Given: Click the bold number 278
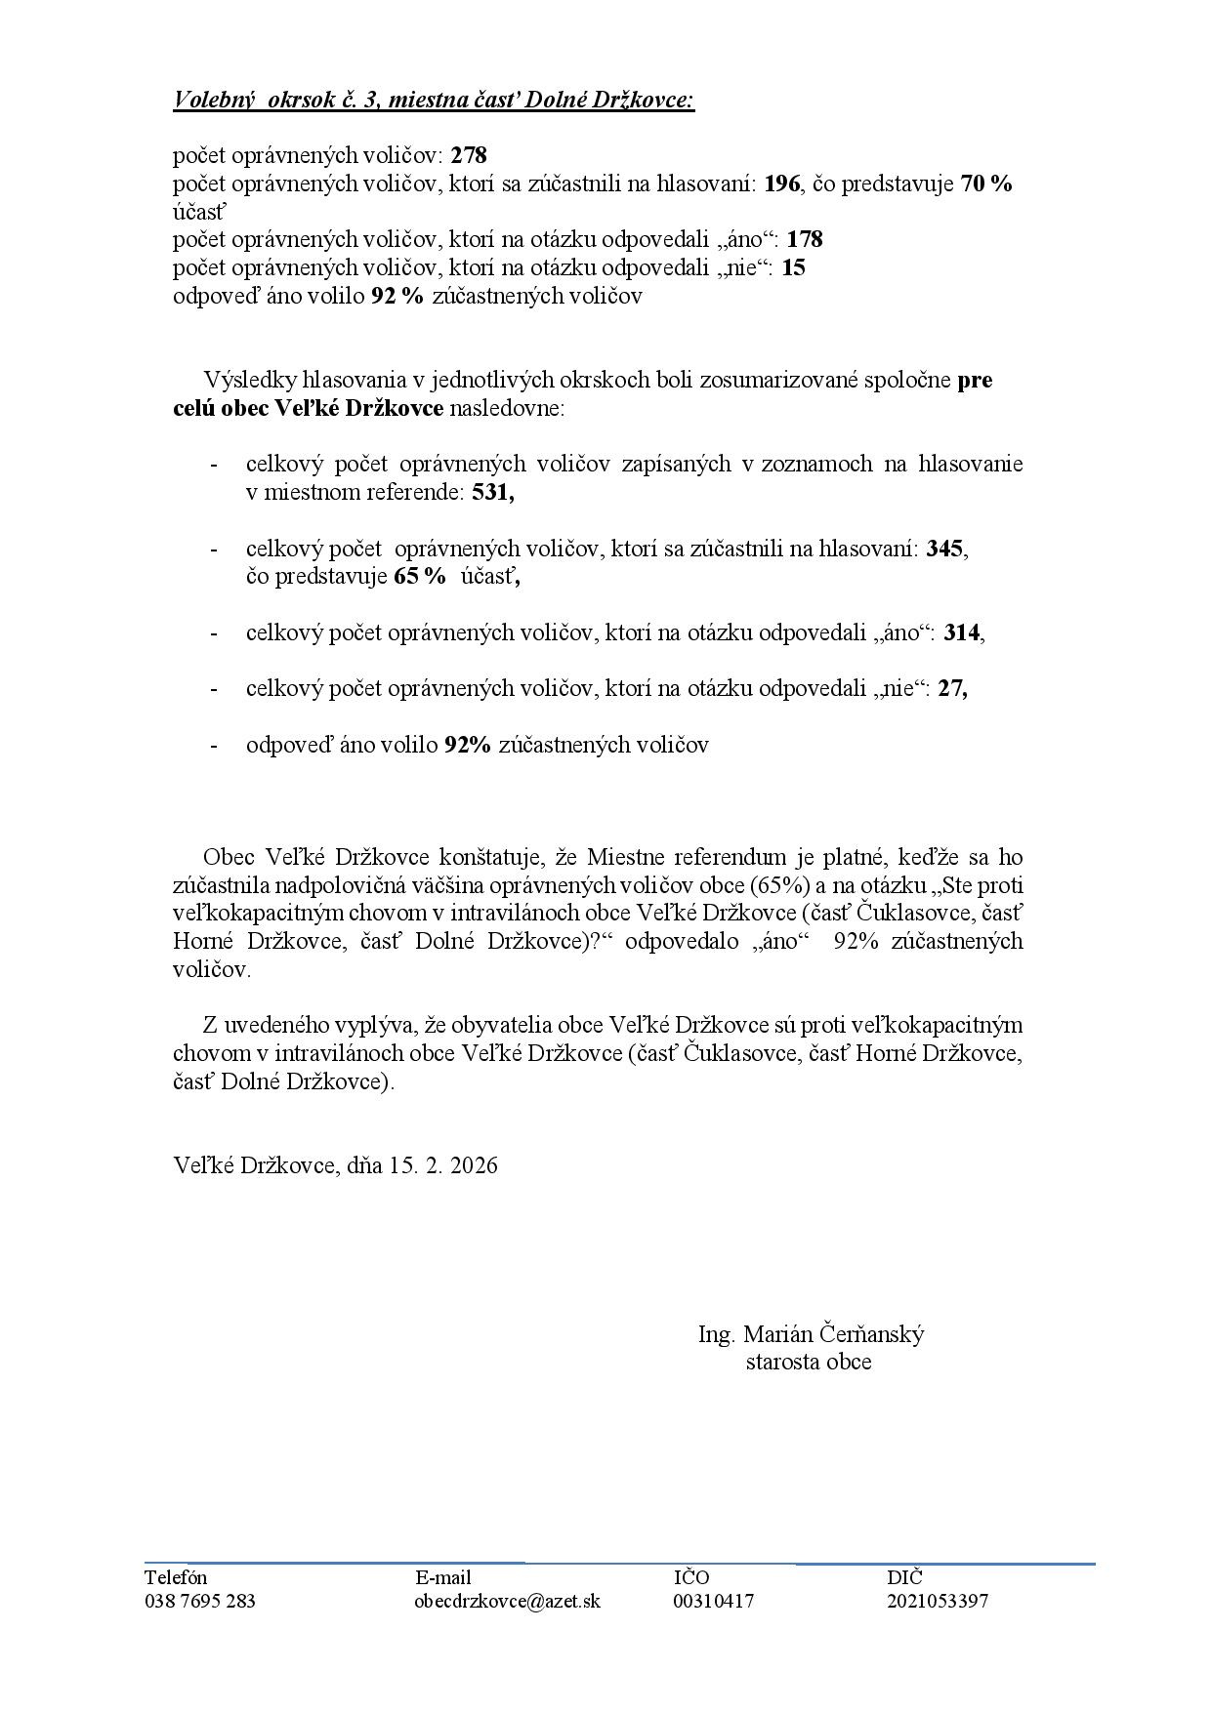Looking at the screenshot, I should [x=469, y=155].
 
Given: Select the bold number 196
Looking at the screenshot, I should [x=782, y=183].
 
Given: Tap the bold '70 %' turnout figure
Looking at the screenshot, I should [x=986, y=183].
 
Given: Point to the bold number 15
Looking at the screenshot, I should [x=794, y=267].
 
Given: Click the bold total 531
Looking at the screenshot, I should [x=491, y=493].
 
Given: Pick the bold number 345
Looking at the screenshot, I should [x=944, y=549].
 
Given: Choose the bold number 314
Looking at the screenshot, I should [x=962, y=632].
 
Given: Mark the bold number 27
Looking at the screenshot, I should [x=950, y=688].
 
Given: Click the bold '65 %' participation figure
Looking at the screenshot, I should [x=419, y=576].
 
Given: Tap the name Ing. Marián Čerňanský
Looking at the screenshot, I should [x=811, y=1334].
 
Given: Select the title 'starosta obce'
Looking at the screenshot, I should [x=809, y=1362].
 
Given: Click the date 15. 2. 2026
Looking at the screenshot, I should [x=443, y=1165].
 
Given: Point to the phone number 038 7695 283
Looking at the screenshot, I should [x=200, y=1601].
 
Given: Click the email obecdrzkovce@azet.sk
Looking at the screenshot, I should [x=508, y=1601].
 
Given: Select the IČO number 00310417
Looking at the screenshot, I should [x=714, y=1601].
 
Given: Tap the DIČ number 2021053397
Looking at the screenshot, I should [x=938, y=1601].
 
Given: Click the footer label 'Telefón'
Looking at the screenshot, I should [x=176, y=1577].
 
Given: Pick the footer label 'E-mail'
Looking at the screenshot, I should [x=443, y=1577].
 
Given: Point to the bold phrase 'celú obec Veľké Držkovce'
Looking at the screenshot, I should [x=309, y=407].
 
